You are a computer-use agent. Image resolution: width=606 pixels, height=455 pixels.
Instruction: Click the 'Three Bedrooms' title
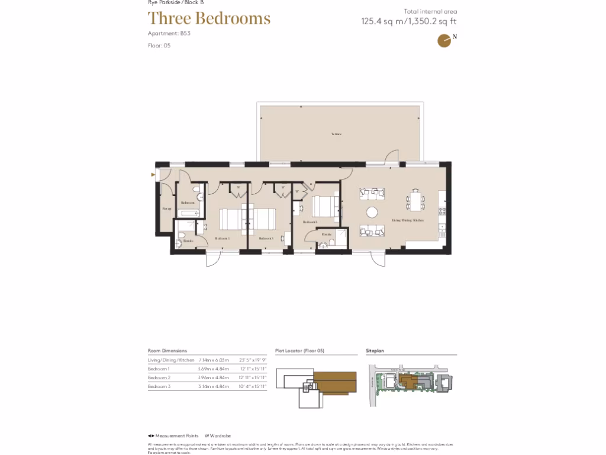209,18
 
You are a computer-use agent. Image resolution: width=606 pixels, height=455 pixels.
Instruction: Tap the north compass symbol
444,40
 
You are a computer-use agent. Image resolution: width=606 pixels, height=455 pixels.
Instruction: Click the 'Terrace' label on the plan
336,134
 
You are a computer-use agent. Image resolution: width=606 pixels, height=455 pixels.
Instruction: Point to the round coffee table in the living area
372,212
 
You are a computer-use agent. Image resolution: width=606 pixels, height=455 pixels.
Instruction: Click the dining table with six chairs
415,200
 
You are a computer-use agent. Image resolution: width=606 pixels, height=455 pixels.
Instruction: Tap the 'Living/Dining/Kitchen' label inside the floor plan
408,220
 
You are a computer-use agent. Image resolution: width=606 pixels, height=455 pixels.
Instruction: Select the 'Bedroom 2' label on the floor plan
310,222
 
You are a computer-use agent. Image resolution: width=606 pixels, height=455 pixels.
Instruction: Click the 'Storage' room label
167,209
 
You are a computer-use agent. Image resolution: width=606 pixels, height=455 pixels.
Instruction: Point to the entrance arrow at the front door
154,175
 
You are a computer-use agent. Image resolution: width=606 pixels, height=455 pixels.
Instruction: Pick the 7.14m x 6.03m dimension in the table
213,360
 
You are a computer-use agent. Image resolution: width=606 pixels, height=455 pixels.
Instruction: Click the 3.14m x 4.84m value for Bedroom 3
213,386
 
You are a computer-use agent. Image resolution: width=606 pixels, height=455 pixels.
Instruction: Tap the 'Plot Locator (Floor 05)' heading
300,351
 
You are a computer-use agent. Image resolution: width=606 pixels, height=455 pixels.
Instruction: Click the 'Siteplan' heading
375,351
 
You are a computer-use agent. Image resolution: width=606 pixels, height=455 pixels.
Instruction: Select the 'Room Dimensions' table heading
167,351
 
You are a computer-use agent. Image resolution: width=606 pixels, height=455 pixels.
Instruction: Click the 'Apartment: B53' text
169,34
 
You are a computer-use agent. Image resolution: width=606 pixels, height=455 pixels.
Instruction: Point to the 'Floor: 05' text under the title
159,46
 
